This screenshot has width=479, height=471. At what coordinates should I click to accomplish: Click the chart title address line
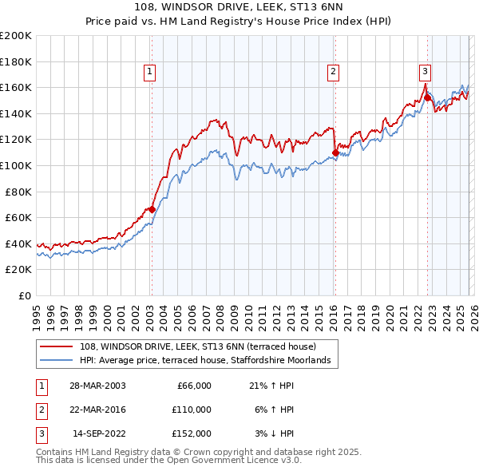tap(239, 8)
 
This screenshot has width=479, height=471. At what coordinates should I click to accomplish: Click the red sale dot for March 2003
tap(152, 210)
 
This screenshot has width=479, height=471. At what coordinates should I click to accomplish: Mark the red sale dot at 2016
tap(335, 152)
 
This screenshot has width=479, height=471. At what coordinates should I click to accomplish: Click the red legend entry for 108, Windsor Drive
tap(198, 346)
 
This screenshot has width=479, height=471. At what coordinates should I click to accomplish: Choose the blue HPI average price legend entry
tap(209, 361)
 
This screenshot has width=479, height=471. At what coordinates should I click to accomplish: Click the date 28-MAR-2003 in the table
tap(97, 386)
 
